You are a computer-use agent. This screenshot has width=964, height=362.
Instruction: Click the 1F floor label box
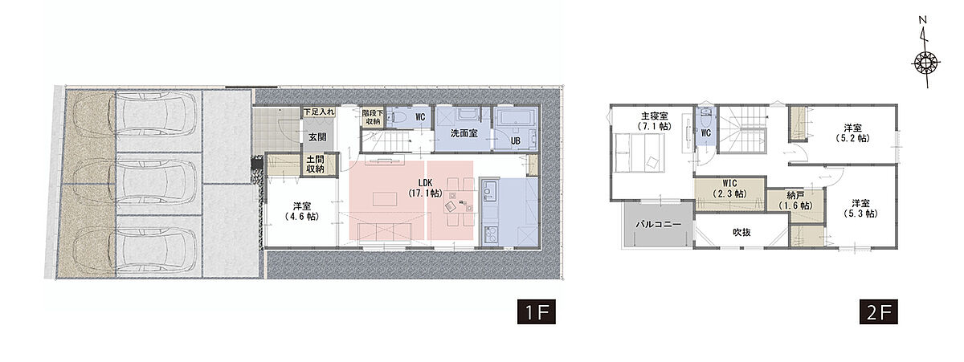[x=537, y=311]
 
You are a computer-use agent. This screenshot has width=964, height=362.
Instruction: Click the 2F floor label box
[x=878, y=311]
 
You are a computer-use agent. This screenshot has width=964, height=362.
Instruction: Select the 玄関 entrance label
[x=317, y=137]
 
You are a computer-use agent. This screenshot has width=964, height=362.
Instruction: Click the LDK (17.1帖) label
[x=425, y=188]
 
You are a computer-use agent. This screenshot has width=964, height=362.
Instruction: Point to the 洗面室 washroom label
[x=464, y=133]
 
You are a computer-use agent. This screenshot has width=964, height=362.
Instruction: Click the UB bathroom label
[x=516, y=140]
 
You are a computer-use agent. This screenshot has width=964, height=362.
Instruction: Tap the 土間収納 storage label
[x=315, y=164]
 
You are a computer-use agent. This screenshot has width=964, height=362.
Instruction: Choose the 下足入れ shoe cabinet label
[x=319, y=112]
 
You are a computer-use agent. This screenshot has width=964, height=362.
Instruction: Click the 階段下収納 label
[x=372, y=117]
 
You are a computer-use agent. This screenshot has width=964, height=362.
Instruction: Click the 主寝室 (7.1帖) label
[x=654, y=121]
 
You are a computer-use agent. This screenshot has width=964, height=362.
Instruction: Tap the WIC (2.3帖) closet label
[x=729, y=189]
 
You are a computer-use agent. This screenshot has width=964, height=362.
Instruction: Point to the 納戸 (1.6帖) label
[x=795, y=201]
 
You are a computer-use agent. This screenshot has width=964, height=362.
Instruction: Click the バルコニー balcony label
[x=659, y=225]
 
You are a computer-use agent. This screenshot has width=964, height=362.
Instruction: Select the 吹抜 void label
[x=742, y=232]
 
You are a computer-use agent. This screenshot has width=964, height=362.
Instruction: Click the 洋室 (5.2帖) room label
[x=852, y=133]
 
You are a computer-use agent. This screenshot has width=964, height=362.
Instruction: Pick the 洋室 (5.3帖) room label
[x=860, y=208]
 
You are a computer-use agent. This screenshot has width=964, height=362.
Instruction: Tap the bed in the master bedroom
[x=640, y=153]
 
